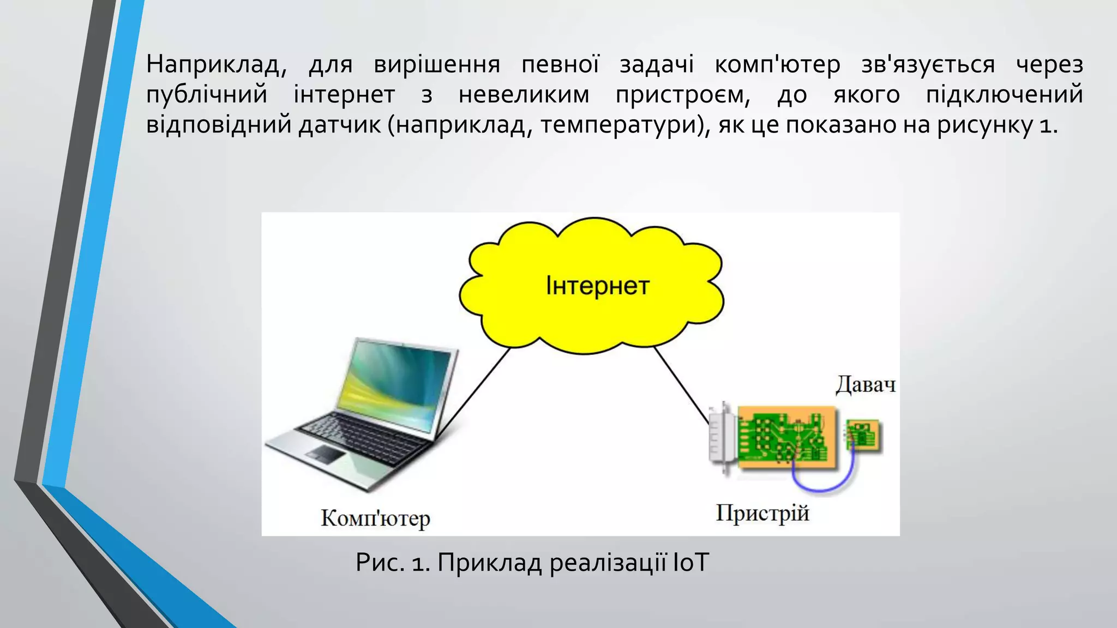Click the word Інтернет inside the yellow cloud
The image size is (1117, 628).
point(597,286)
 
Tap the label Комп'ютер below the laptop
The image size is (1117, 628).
point(375,518)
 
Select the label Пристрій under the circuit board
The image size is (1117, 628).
point(762,514)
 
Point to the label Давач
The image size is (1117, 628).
point(866,385)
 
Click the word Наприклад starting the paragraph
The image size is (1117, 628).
point(216,65)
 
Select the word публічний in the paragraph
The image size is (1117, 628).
point(207,95)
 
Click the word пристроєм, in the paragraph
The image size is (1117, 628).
point(682,95)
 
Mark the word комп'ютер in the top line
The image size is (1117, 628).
point(777,65)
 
